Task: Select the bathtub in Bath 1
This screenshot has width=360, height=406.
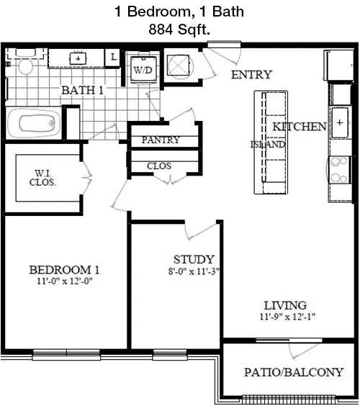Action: tap(34, 123)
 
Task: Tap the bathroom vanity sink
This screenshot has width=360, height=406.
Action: tap(78, 58)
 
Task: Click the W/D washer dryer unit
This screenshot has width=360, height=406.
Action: tap(143, 69)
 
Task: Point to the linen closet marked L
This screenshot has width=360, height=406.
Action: tap(113, 57)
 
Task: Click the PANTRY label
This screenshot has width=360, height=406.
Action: tap(161, 140)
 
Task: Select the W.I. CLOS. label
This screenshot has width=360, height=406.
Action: tap(42, 178)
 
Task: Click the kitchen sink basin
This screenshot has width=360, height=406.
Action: tap(340, 122)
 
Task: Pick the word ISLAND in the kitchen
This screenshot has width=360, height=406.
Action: tap(268, 145)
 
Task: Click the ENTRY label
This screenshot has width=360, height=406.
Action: tap(251, 75)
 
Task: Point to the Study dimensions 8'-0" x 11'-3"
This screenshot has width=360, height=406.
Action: tap(194, 271)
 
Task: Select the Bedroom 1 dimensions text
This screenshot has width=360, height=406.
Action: tap(65, 281)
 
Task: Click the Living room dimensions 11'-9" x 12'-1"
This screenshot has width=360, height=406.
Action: tap(287, 317)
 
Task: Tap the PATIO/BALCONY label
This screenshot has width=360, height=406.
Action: tap(294, 372)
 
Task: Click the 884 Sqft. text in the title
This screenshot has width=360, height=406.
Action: tap(179, 30)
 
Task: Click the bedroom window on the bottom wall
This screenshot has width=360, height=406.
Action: tap(66, 355)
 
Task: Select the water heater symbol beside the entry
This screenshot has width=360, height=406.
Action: tap(180, 66)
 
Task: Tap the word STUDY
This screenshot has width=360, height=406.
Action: tap(194, 260)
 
